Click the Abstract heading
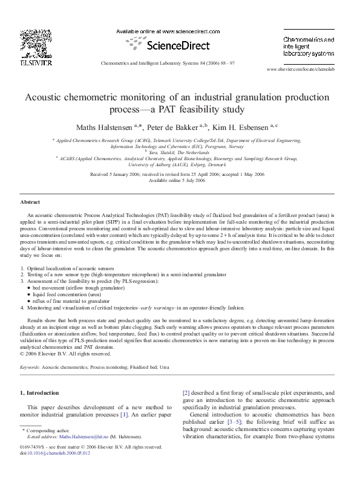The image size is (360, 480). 30,202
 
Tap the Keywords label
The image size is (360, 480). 30,367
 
